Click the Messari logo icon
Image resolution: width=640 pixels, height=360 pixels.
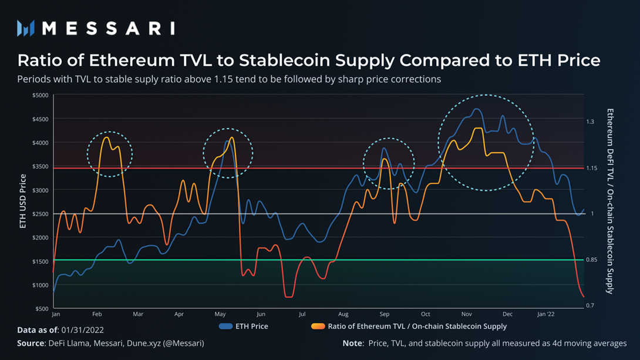coord(25,28)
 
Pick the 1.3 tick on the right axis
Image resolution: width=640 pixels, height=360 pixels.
coord(590,122)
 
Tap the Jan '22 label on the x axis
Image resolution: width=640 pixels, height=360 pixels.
coord(546,314)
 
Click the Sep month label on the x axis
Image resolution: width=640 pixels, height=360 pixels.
coord(385,314)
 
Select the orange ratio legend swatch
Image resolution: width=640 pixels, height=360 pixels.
coord(317,326)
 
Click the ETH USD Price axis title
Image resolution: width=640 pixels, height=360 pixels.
coord(23,201)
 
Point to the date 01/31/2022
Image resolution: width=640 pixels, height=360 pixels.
coord(82,331)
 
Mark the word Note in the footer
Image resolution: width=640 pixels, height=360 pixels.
coord(353,343)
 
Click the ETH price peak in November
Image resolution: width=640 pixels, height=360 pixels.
coord(477,109)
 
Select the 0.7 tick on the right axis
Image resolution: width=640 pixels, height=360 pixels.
coord(590,305)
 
